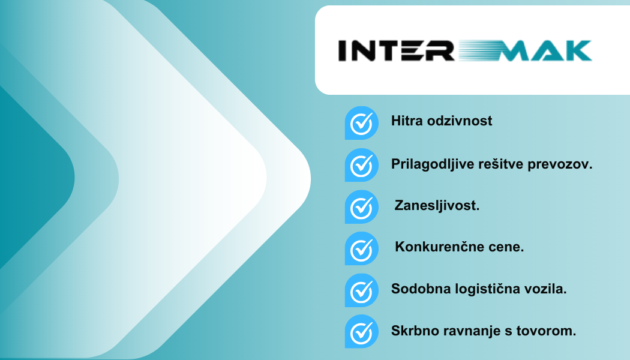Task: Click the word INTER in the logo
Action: click(396, 50)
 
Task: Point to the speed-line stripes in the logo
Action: click(478, 50)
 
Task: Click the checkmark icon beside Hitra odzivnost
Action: click(362, 123)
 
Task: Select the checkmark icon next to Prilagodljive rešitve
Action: click(362, 165)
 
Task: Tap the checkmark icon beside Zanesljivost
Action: click(362, 206)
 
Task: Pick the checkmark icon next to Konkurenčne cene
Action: click(362, 248)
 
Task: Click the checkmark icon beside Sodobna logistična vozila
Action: click(362, 290)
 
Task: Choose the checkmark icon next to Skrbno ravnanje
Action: click(362, 331)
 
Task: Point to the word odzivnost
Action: click(459, 121)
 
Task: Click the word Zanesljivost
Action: click(437, 206)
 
